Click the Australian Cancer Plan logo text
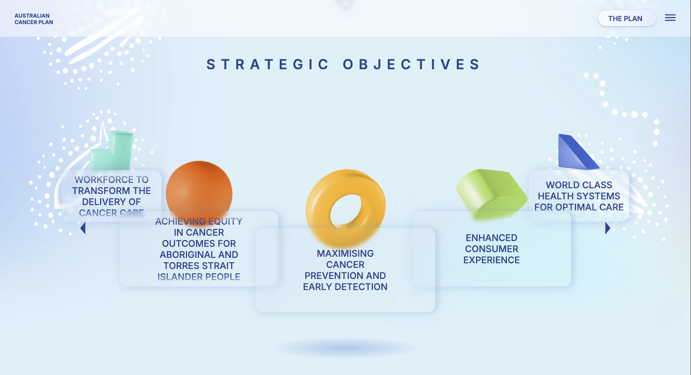(x=34, y=19)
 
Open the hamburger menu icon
(x=670, y=18)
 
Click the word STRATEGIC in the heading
(x=268, y=64)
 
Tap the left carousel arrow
(x=83, y=228)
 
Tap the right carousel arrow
(x=607, y=228)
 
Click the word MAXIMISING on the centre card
(x=345, y=253)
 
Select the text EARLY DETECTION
(x=345, y=287)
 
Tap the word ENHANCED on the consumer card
(x=491, y=238)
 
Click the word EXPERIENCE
(x=491, y=260)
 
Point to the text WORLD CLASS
(x=579, y=185)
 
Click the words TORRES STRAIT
(x=199, y=266)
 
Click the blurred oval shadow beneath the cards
(x=345, y=348)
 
